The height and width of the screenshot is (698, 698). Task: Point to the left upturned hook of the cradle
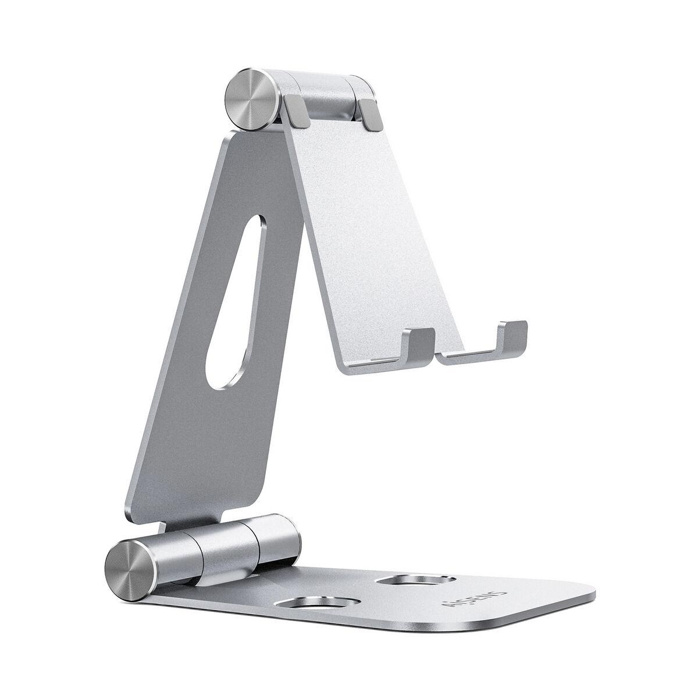421,346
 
